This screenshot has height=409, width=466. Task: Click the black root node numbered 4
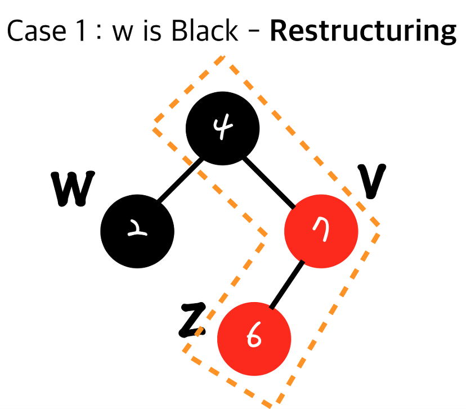pos(223,129)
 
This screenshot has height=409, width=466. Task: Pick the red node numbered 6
pos(254,338)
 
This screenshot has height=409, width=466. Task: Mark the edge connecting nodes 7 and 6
pos(288,285)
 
